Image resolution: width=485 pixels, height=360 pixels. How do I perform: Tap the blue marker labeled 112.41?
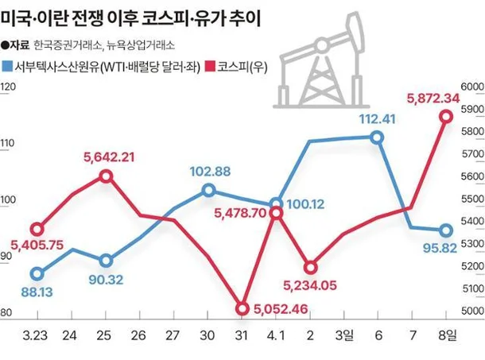(377, 137)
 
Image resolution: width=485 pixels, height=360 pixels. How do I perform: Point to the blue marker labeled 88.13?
(37, 273)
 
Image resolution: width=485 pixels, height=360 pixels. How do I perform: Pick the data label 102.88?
(210, 171)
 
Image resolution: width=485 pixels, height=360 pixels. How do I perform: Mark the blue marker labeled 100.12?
(276, 204)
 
